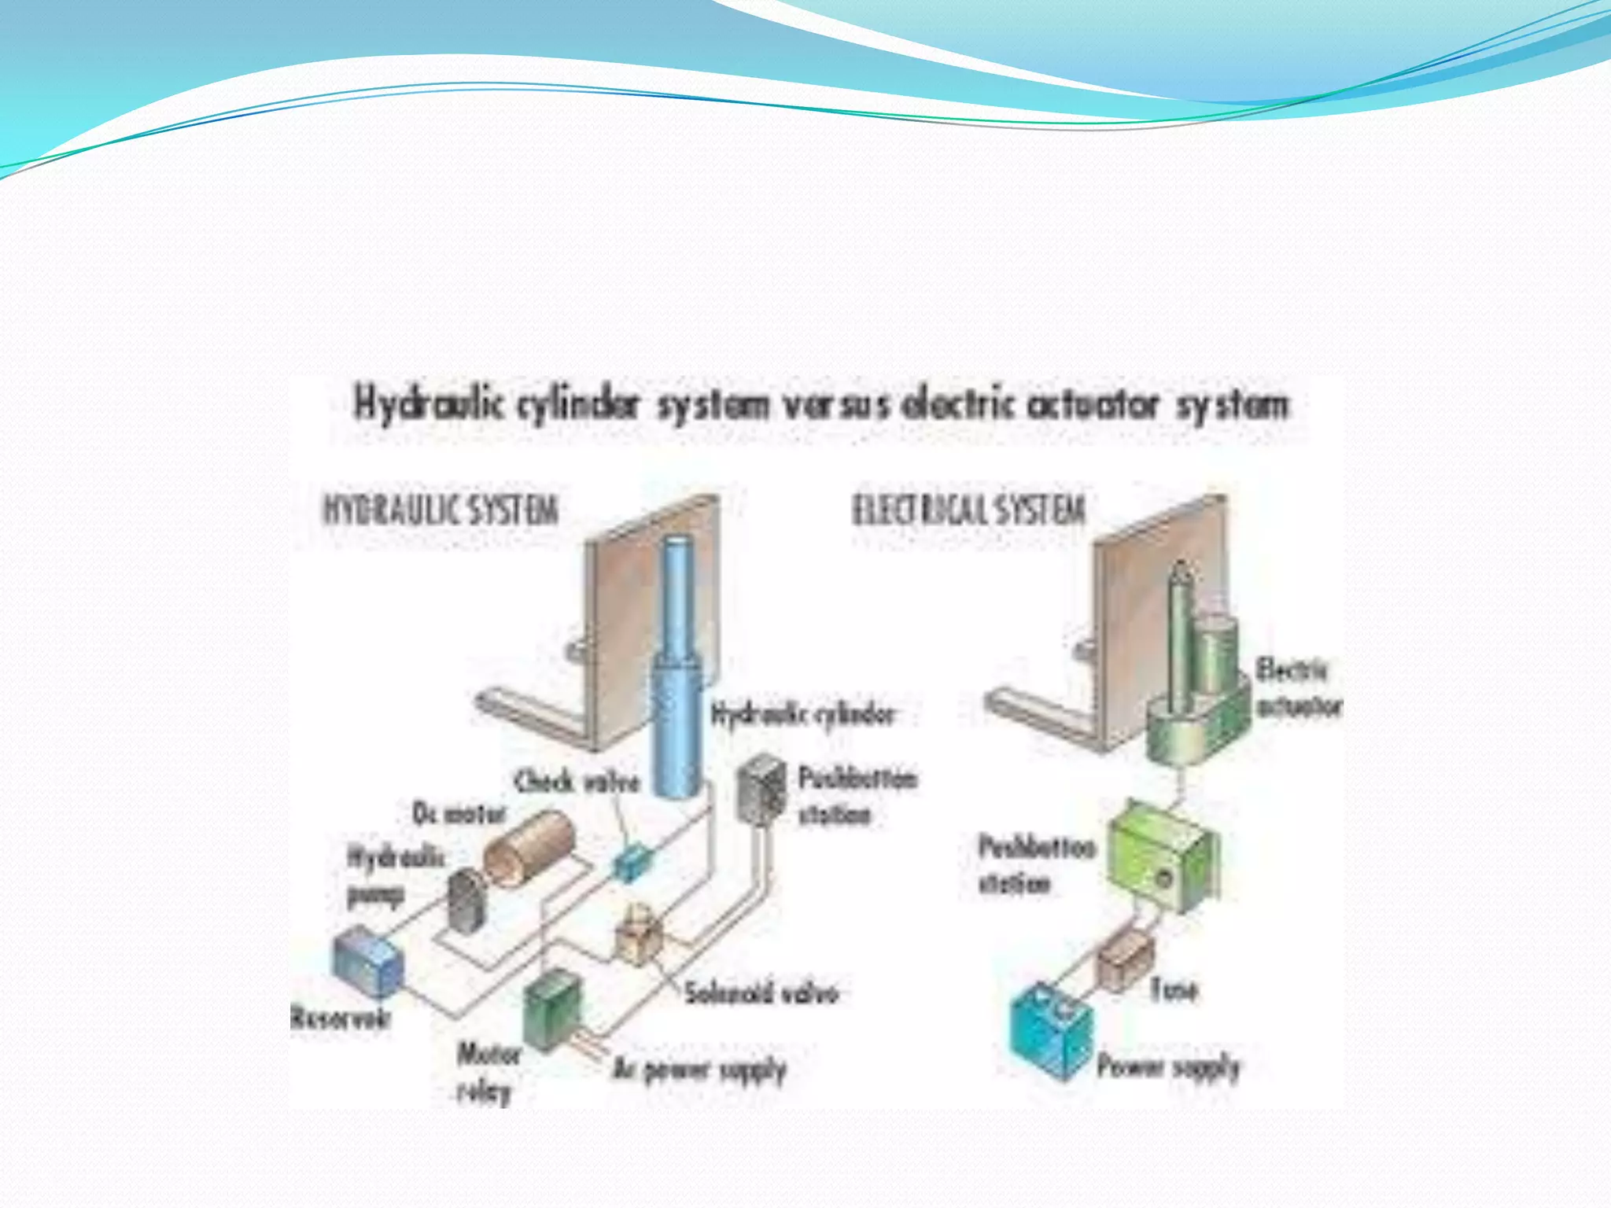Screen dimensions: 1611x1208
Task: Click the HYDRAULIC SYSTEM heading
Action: point(441,510)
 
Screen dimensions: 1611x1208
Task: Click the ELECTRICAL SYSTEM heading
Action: point(969,510)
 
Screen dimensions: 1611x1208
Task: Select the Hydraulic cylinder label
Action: point(802,714)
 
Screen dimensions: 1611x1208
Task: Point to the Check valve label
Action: point(577,781)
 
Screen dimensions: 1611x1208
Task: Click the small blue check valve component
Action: point(632,861)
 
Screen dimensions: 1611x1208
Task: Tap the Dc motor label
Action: point(459,813)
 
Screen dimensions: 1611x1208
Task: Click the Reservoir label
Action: point(340,1018)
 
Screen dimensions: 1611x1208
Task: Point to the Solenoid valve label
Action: point(761,993)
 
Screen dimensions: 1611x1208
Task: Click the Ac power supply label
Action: point(699,1069)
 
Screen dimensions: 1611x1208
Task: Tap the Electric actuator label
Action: point(1298,688)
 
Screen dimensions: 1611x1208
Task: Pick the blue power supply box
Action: point(1052,1030)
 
